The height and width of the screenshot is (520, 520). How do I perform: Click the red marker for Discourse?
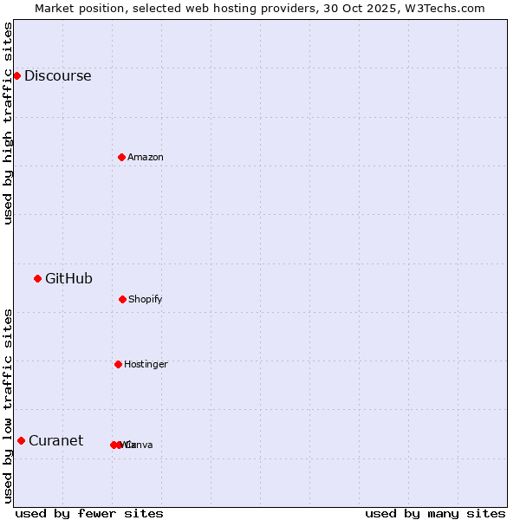pos(16,75)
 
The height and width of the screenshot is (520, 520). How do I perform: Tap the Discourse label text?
pos(57,75)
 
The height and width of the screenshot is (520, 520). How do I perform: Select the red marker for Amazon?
pos(121,157)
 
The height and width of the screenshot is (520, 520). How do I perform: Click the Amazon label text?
pos(145,157)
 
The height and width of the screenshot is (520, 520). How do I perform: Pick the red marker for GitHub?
pos(37,278)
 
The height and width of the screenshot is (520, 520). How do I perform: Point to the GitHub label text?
pos(68,278)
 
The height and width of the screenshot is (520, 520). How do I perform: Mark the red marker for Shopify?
pos(122,299)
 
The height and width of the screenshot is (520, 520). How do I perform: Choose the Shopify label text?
pos(145,299)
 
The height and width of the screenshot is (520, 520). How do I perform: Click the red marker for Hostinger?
pos(118,364)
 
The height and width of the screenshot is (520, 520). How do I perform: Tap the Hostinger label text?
pos(146,364)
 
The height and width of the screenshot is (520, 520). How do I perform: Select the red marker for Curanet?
pos(21,440)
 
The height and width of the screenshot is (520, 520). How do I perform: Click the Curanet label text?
pos(55,440)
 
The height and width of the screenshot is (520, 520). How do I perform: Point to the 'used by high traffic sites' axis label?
pos(8,123)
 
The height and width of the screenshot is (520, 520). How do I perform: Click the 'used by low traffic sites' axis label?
pos(8,405)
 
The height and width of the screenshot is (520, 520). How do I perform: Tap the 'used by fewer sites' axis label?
pos(89,513)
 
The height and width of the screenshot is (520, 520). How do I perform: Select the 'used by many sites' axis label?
pos(435,513)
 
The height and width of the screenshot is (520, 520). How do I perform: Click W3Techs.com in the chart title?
pos(445,8)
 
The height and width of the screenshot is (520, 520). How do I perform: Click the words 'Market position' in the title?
pos(75,8)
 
